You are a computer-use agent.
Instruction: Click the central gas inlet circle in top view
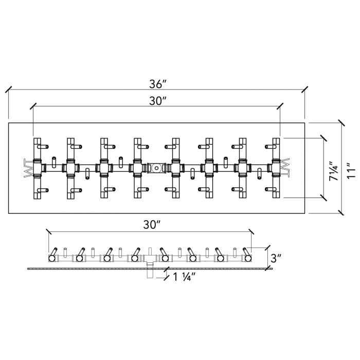(156, 167)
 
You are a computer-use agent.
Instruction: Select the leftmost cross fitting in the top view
(38, 167)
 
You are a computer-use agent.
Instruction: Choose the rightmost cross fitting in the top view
(276, 167)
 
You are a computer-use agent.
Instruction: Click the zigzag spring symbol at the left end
(27, 167)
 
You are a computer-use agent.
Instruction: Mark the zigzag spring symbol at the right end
(286, 167)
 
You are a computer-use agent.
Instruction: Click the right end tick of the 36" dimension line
(305, 89)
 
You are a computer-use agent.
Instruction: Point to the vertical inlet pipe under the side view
(150, 272)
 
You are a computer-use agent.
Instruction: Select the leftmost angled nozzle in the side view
(52, 255)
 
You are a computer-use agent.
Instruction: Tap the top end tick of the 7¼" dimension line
(323, 138)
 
